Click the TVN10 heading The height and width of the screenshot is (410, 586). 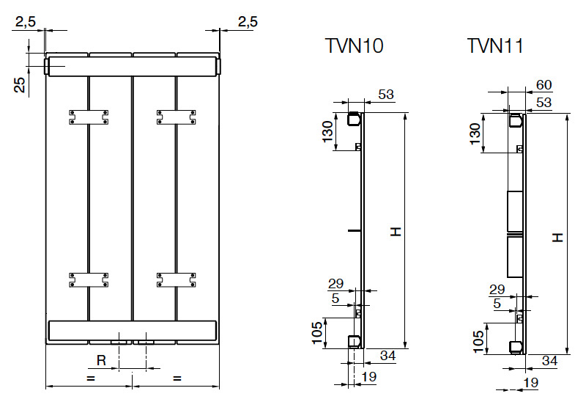pos(354,46)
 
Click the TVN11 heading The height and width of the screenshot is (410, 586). pos(495,46)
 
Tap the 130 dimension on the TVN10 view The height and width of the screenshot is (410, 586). pos(329,132)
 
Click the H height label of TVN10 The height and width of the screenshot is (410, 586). pos(396,232)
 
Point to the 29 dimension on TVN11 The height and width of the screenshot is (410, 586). pos(497,290)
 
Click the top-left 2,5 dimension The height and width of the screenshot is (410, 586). pos(26,22)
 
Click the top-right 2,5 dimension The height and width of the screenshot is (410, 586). pos(248,22)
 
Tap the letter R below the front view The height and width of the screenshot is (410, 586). pos(102,360)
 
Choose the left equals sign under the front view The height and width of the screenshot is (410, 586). pos(90,378)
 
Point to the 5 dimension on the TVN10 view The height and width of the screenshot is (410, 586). pos(335,299)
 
